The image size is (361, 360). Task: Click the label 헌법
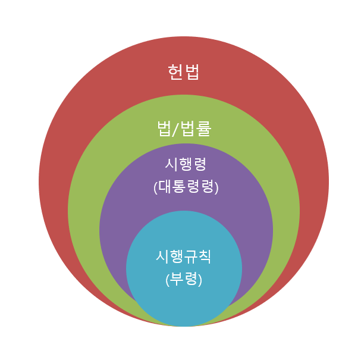pyautogui.click(x=184, y=72)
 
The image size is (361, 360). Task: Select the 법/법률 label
pyautogui.click(x=184, y=129)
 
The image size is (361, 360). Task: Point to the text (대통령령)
pyautogui.click(x=186, y=187)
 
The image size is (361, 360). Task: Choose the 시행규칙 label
pyautogui.click(x=184, y=256)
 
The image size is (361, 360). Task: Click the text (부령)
pyautogui.click(x=184, y=279)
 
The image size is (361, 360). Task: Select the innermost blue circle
pyautogui.click(x=184, y=303)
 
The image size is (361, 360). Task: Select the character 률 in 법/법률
pyautogui.click(x=203, y=129)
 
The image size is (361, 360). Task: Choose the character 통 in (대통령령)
pyautogui.click(x=179, y=187)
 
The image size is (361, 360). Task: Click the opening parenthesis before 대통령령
pyautogui.click(x=156, y=187)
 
